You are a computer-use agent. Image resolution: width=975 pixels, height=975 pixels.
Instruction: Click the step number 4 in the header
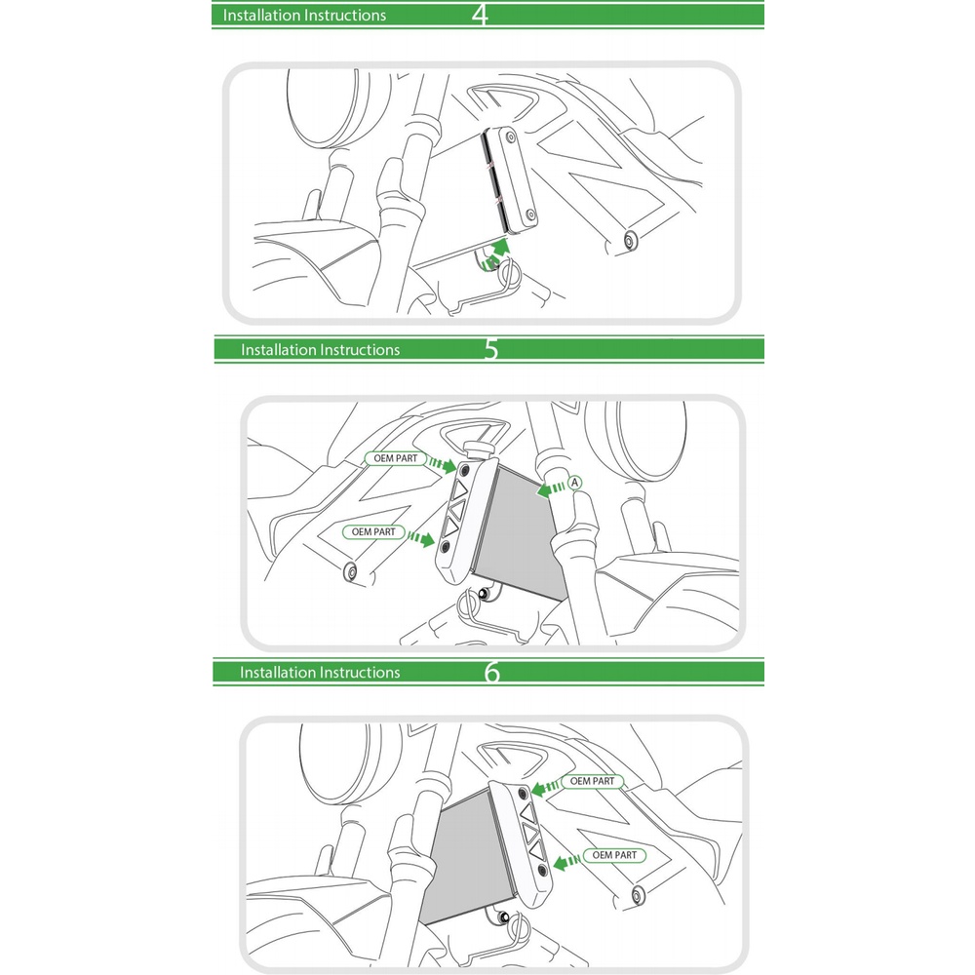[x=480, y=15]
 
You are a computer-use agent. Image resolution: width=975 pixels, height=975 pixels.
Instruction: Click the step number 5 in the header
[x=491, y=349]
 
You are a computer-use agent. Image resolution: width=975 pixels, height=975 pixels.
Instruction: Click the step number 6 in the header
[x=491, y=672]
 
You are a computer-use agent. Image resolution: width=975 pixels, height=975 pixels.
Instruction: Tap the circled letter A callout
[x=574, y=483]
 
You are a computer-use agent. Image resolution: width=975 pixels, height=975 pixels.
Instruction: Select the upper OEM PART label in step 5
[x=396, y=459]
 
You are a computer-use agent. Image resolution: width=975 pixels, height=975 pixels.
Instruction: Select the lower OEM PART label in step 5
[x=373, y=532]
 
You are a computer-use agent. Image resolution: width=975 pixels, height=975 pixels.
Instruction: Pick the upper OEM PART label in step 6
[x=592, y=781]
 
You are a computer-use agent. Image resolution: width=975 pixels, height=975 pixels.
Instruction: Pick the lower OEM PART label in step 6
[x=614, y=856]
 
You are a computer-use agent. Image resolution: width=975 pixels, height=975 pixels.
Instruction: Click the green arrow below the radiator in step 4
[x=495, y=255]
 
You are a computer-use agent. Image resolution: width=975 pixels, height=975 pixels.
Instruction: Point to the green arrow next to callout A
[x=551, y=488]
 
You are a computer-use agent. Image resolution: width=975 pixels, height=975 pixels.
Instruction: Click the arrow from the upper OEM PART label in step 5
[x=443, y=464]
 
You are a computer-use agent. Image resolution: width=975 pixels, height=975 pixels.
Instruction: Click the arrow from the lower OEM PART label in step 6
[x=566, y=862]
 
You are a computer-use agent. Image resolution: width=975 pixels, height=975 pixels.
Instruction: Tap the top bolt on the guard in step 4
[x=511, y=136]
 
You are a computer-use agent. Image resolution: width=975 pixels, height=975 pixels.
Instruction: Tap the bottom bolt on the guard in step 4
[x=530, y=215]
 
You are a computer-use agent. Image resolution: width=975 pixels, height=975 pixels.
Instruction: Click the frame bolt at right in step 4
[x=629, y=241]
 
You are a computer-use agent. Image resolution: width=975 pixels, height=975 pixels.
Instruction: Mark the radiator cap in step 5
[x=480, y=448]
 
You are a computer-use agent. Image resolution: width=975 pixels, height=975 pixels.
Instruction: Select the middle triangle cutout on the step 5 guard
[x=456, y=510]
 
